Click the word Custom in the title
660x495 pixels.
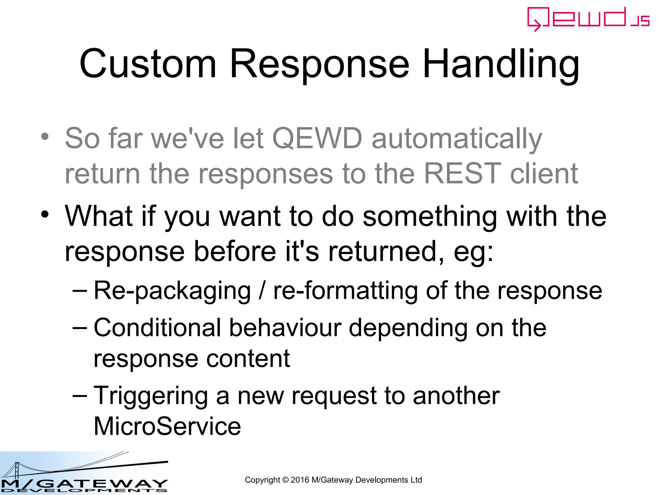click(148, 64)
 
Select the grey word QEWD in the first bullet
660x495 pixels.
click(317, 139)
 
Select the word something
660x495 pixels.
click(430, 217)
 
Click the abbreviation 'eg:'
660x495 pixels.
click(473, 252)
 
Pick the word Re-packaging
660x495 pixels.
click(172, 291)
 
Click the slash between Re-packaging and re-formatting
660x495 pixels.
click(262, 291)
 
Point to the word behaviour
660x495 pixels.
click(285, 328)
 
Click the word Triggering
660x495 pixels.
click(150, 396)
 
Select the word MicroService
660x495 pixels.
click(167, 426)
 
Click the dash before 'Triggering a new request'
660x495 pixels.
click(80, 395)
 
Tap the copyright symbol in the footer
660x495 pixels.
click(285, 480)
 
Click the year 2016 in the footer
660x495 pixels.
click(300, 480)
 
